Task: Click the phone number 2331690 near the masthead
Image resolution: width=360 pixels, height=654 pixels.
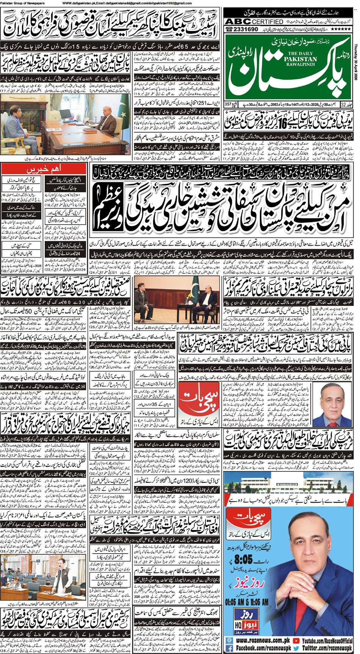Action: coord(244,29)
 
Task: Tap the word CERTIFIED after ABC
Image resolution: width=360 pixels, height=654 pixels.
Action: coord(268,22)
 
